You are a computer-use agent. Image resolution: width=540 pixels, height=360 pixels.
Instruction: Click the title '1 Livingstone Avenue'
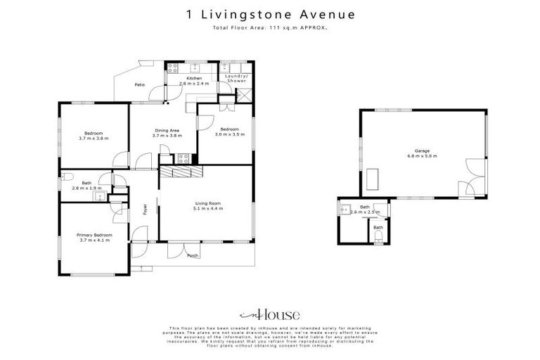coord(270,13)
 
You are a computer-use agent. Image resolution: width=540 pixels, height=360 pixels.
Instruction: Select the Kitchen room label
coord(194,78)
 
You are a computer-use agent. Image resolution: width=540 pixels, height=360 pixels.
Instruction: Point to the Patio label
coord(140,85)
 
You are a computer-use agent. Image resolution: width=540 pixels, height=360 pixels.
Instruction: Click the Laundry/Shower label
coord(236,78)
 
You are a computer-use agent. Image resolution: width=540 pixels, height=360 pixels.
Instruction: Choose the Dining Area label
coord(167,130)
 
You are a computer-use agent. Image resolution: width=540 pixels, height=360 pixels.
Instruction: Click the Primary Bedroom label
coord(94,236)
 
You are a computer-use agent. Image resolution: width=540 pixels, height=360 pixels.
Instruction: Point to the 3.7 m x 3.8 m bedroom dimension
coord(94,139)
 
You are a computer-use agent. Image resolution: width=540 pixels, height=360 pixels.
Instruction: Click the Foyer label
coord(146,209)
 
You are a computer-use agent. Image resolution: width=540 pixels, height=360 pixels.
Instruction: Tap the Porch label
coord(192,255)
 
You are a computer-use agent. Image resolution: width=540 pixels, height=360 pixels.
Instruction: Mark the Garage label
coord(422,151)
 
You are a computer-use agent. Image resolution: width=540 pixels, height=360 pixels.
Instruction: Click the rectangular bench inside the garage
coord(372,179)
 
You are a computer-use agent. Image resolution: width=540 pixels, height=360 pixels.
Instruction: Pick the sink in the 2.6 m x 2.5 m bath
coord(346,209)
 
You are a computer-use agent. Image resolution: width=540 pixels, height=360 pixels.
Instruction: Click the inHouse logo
coord(270,314)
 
